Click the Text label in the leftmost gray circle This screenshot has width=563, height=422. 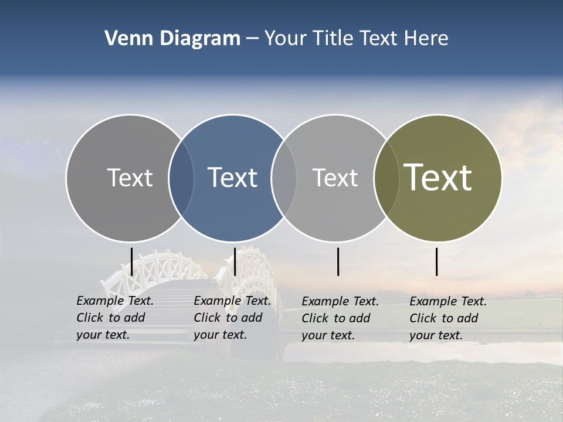[130, 178]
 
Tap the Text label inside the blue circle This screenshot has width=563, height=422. [232, 178]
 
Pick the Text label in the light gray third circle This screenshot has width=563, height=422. [335, 178]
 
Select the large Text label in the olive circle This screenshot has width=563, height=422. [437, 178]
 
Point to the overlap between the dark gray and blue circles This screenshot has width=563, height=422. [181, 178]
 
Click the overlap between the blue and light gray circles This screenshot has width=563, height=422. [284, 178]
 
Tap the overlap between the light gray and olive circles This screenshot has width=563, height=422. [386, 178]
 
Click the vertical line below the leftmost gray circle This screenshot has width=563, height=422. [131, 261]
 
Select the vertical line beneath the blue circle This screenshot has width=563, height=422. [235, 261]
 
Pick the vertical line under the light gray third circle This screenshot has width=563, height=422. [338, 261]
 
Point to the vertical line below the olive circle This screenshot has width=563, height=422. [437, 261]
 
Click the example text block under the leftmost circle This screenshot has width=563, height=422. [115, 318]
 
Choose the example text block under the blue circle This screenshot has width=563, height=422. [232, 318]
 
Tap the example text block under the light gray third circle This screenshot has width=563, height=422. [340, 318]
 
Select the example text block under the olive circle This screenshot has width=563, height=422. [448, 318]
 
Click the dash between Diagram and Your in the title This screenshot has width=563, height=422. [252, 39]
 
